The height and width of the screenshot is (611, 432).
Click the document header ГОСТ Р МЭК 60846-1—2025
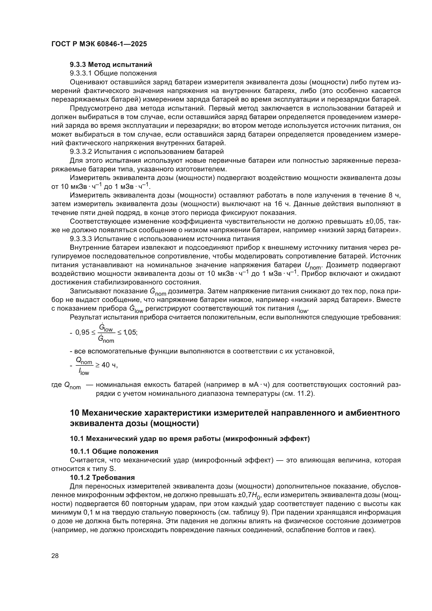click(x=99, y=44)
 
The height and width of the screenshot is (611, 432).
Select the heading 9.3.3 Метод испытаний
click(x=111, y=65)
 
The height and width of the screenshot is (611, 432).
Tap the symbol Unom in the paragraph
click(x=313, y=266)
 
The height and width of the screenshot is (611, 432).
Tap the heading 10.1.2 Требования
click(x=102, y=478)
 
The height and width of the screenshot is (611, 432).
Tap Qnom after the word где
click(x=72, y=386)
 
